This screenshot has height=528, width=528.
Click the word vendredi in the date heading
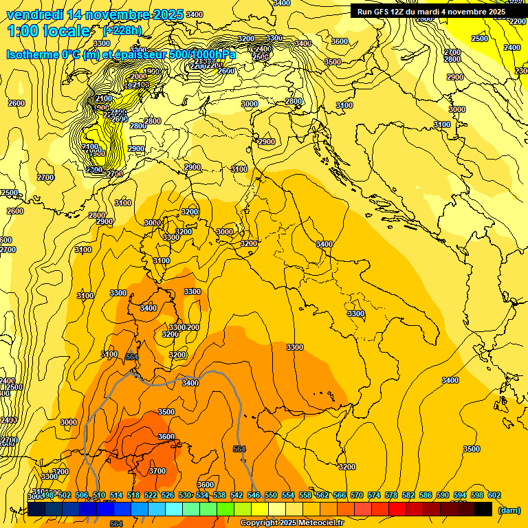tap(34, 14)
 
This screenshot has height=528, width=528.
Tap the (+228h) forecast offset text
tap(122, 30)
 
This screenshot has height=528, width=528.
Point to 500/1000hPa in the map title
tap(201, 54)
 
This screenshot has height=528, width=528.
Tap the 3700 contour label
tap(157, 471)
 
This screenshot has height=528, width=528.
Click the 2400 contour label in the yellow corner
tap(511, 47)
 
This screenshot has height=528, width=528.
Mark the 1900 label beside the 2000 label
tap(151, 71)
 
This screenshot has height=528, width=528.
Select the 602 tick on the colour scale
tap(494, 495)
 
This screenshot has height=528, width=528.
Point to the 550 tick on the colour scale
tap(270, 495)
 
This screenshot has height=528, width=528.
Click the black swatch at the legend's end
tap(483, 509)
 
